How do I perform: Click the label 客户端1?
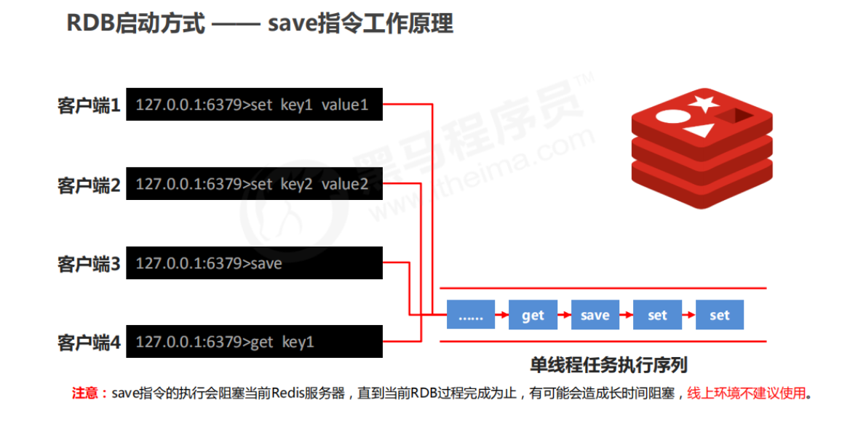point(89,106)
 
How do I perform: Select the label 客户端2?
point(89,185)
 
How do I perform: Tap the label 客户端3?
point(89,264)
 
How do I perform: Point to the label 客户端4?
point(89,342)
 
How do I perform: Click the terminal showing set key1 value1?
point(254,105)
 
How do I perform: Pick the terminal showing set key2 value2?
point(254,184)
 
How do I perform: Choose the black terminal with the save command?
point(254,263)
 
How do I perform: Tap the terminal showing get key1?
point(254,341)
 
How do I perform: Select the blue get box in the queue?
point(533,316)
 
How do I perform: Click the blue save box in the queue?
point(595,316)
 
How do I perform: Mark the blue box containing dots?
point(471,316)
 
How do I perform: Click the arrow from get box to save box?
point(564,316)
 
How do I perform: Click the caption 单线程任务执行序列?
point(608,364)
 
